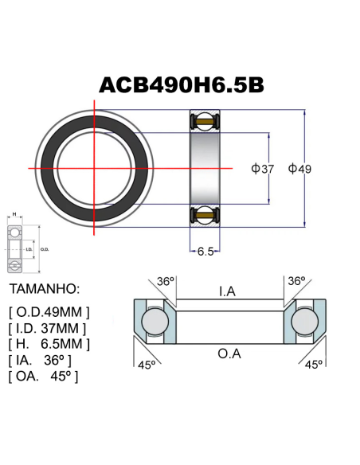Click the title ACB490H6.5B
click(180, 85)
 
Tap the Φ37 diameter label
click(263, 169)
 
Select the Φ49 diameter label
click(299, 169)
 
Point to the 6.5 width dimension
click(205, 252)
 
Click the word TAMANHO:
click(45, 287)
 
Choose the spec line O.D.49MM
click(49, 311)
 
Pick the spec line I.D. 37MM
click(47, 327)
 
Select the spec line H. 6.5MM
click(49, 344)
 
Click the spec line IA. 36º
click(43, 361)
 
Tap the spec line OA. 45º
click(43, 377)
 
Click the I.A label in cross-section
click(227, 292)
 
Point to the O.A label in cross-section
click(229, 353)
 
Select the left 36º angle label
click(165, 282)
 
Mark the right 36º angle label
click(295, 282)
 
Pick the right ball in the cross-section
click(305, 322)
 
